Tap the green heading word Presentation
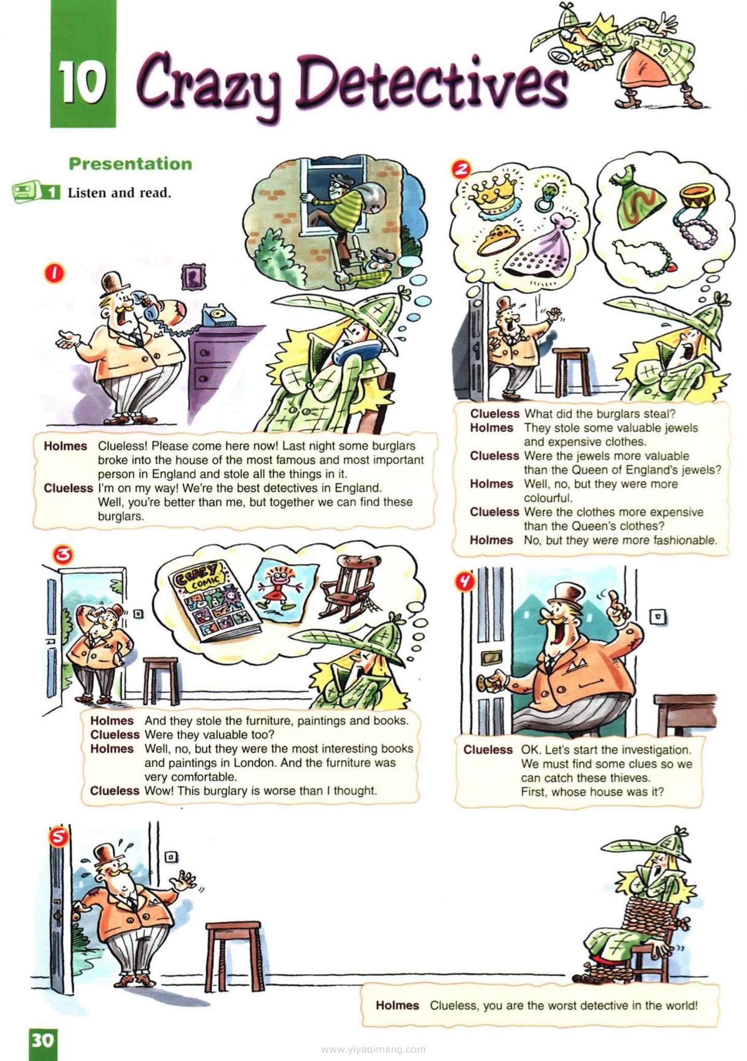tap(130, 164)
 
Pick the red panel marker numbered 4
tap(464, 581)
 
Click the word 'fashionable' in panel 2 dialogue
tap(686, 540)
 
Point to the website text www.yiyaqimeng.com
tap(373, 1050)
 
